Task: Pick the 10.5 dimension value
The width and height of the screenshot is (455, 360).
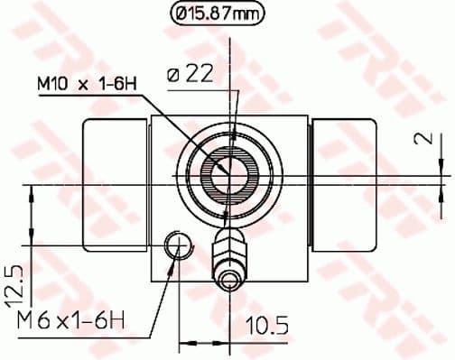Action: (x=261, y=322)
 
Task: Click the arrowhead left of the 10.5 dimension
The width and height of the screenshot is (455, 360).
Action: (x=186, y=343)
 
